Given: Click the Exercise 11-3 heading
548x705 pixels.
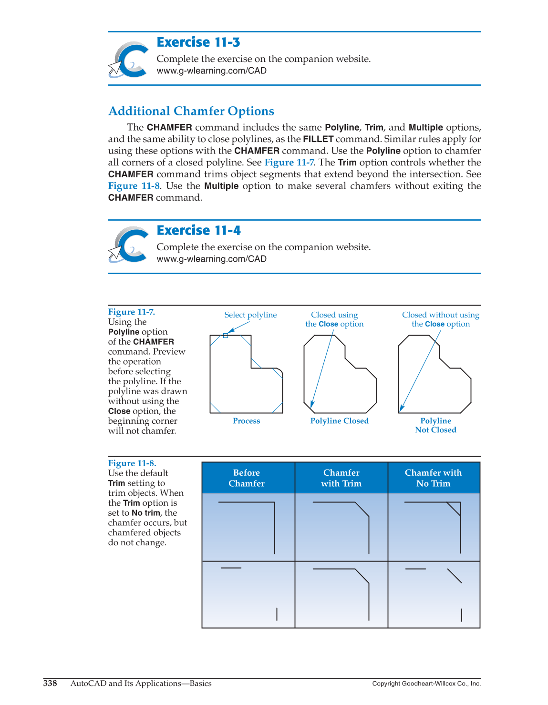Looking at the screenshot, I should point(198,42).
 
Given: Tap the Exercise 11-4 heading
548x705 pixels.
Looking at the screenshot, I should point(198,231).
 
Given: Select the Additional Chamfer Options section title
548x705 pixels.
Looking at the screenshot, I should point(191,111).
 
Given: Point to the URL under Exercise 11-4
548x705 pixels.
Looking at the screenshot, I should point(211,259).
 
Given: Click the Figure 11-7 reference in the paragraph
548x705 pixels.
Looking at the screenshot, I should point(289,163).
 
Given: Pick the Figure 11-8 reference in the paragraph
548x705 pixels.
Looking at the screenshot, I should point(134,186).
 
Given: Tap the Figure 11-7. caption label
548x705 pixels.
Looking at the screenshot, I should point(131,312).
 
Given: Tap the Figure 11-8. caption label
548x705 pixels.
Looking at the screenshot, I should point(132,463).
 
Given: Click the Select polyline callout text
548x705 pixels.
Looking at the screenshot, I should point(250,315).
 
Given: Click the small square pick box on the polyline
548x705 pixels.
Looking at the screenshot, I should point(226,336).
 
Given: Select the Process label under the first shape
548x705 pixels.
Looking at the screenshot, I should point(246,421).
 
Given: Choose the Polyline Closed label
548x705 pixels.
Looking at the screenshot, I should point(339,421).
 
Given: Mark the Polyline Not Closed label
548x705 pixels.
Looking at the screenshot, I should point(435,425).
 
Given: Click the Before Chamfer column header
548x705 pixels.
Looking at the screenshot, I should point(247,478).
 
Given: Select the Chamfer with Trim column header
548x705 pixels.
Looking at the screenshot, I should point(341,478).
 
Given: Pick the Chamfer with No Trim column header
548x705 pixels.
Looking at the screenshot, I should point(433,478).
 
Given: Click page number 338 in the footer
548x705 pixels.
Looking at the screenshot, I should point(50,684).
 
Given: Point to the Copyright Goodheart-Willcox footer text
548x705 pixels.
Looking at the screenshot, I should point(426,684).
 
